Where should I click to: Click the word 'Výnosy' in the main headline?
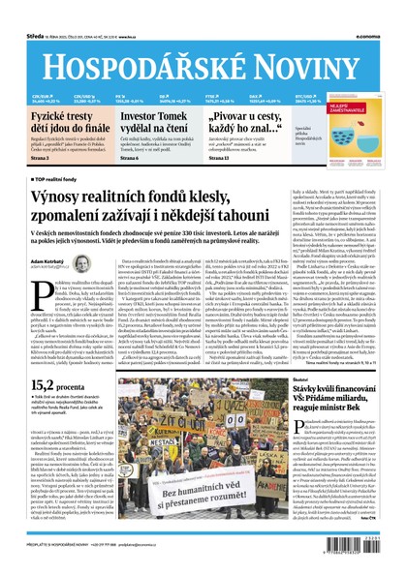(64, 198)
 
